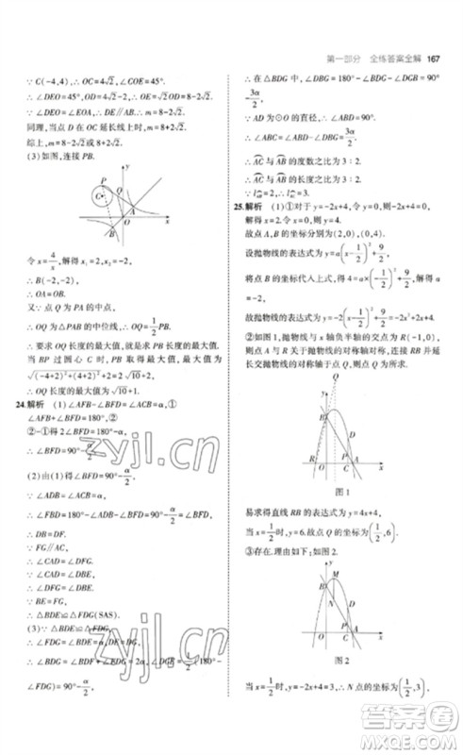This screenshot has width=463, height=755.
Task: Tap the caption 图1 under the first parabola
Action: pyautogui.click(x=342, y=493)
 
